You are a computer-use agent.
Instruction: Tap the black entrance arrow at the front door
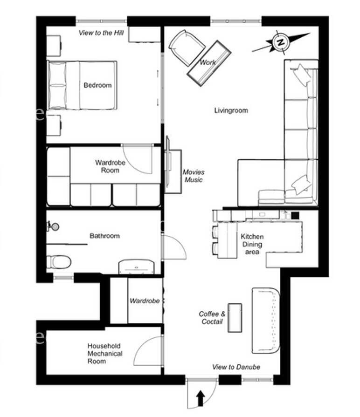[201, 398]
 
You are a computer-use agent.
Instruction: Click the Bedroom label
[97, 85]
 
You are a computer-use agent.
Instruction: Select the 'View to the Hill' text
[101, 33]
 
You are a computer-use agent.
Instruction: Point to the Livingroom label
[231, 110]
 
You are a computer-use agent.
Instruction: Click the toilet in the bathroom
[59, 262]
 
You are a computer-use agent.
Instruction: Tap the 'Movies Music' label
[194, 176]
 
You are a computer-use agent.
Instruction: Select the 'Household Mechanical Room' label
[105, 354]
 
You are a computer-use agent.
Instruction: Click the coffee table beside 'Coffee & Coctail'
[235, 318]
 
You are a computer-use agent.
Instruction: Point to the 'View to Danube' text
[236, 367]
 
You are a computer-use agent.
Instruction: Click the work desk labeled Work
[209, 63]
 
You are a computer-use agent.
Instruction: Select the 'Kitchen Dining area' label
[252, 244]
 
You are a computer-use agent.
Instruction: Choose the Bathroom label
[104, 236]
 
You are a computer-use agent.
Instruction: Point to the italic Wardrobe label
[145, 301]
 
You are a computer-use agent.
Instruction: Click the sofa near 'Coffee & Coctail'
[265, 321]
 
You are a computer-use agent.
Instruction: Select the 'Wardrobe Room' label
[110, 166]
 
